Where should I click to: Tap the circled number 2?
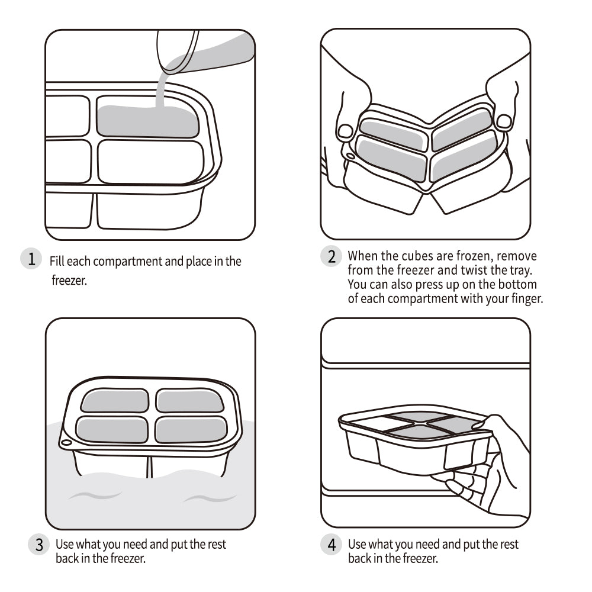click(x=332, y=256)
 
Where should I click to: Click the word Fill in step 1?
click(x=57, y=261)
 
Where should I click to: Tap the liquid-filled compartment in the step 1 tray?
click(x=147, y=121)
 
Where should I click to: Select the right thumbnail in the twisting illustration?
click(x=504, y=122)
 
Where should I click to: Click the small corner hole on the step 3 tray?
click(x=66, y=442)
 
